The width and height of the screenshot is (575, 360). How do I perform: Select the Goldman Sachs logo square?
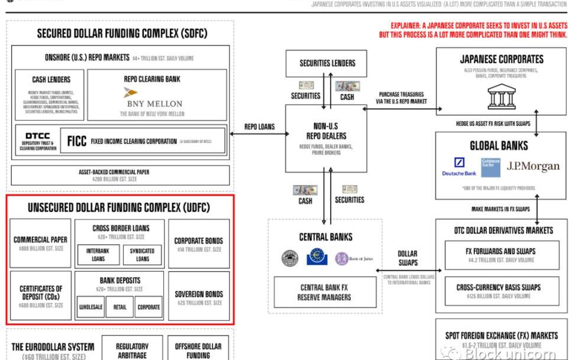[490, 167]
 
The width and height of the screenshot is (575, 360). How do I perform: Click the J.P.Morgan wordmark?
[532, 166]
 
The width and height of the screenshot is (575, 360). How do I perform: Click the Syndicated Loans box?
[142, 254]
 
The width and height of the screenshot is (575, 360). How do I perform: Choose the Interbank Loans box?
[98, 254]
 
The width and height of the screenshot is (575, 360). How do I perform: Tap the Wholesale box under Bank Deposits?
[92, 307]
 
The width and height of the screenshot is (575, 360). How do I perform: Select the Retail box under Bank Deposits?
[120, 307]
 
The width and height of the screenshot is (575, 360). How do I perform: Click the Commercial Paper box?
[40, 243]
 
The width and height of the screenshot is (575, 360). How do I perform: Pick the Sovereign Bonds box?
[199, 297]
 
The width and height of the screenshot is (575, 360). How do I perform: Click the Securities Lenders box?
[327, 63]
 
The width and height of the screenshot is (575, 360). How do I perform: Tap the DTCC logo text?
[37, 137]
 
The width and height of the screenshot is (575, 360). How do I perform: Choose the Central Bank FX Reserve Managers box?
[324, 292]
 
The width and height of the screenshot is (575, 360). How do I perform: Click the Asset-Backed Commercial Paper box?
[121, 175]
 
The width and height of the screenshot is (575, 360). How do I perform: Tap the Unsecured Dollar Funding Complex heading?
[119, 207]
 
